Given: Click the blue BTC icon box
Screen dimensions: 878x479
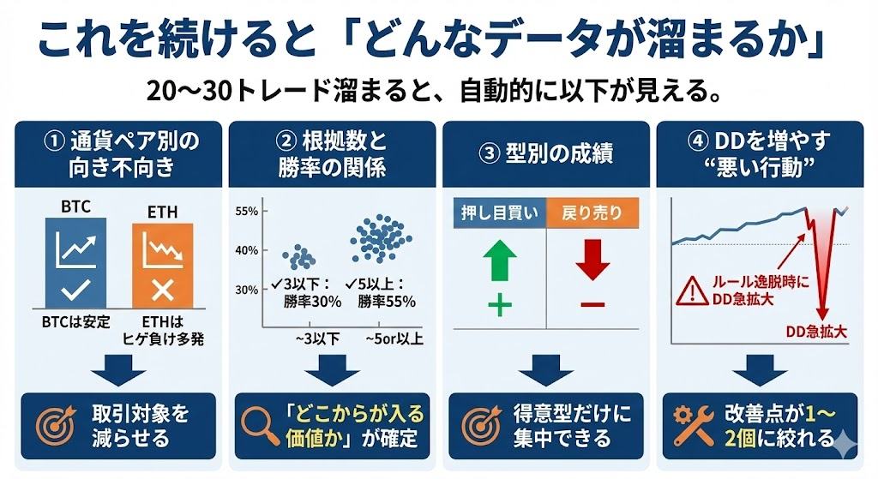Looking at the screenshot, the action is [x=75, y=262].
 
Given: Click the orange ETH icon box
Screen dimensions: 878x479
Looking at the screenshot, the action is [x=163, y=266].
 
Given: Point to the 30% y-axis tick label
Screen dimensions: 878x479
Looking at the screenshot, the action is [x=246, y=290].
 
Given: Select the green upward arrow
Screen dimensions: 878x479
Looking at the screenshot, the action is [x=500, y=260].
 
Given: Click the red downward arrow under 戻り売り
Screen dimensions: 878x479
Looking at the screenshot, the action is [x=592, y=260].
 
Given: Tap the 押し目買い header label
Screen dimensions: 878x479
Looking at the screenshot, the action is [x=500, y=213].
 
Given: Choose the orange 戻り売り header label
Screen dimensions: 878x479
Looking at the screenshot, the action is [x=592, y=213].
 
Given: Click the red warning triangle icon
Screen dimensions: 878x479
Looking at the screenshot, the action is [x=693, y=290].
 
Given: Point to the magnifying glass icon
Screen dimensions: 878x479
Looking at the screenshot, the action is [x=260, y=427].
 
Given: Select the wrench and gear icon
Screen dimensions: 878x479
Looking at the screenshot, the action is [x=693, y=427].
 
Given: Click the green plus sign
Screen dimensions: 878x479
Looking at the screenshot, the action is [x=500, y=306].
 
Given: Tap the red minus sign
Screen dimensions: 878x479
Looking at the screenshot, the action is [x=592, y=305].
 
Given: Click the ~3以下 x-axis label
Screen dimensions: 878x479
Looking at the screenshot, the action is [x=317, y=339].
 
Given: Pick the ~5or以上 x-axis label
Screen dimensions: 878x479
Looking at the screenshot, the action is [x=394, y=339].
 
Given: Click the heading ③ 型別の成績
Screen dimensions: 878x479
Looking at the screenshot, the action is [x=546, y=153].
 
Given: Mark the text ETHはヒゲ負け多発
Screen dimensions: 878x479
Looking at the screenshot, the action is [x=163, y=330].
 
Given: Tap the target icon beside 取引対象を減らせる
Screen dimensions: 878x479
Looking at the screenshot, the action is [x=56, y=427].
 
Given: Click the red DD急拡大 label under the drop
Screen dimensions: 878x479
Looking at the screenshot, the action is [x=816, y=332].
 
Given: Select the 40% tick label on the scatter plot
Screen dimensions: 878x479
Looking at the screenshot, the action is [x=246, y=251].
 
